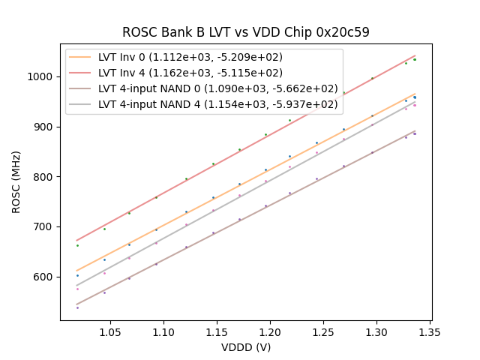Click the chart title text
(x=246, y=32)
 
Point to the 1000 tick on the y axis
(x=41, y=76)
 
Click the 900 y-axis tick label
(x=44, y=127)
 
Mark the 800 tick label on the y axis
(x=44, y=177)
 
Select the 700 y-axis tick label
(x=44, y=226)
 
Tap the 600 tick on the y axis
(x=44, y=277)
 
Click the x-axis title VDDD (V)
(x=246, y=347)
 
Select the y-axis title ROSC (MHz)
(x=16, y=177)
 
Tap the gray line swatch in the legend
(x=81, y=104)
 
